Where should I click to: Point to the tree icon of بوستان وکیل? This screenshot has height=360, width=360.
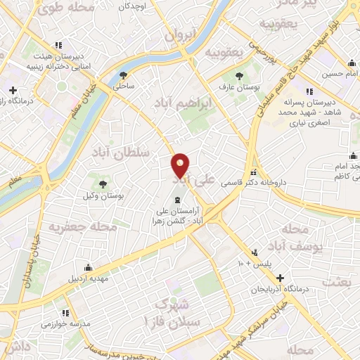point(103,184)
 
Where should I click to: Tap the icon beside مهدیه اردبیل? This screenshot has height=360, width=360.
point(88,267)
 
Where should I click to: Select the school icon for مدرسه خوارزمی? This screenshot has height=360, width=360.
point(65,313)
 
